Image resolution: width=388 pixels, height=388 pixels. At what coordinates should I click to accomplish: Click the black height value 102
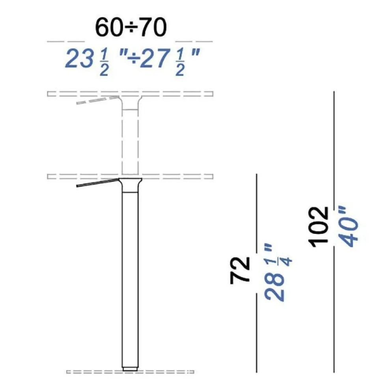pyautogui.click(x=319, y=226)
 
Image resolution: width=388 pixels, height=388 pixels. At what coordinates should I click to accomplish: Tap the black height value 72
pyautogui.click(x=241, y=270)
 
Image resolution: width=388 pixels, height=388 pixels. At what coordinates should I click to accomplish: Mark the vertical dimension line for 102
pyautogui.click(x=334, y=158)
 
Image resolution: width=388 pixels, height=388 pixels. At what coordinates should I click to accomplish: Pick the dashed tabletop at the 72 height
pyautogui.click(x=177, y=176)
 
